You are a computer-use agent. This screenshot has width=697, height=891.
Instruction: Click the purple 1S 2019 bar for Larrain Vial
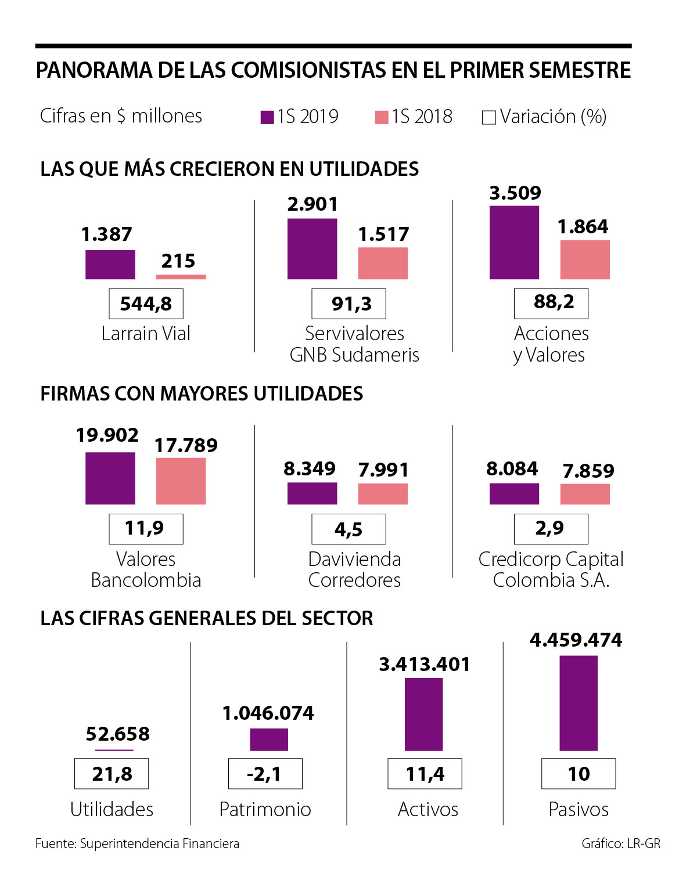[x=110, y=265]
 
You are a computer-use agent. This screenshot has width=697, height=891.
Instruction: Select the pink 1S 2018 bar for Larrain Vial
[x=181, y=277]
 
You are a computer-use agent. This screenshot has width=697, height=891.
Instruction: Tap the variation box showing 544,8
[x=146, y=304]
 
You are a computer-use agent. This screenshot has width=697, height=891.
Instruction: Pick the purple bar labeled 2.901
[x=312, y=249]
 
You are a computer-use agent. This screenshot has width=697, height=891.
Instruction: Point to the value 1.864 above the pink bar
[x=583, y=226]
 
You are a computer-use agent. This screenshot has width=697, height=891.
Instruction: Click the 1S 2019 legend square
[x=267, y=117]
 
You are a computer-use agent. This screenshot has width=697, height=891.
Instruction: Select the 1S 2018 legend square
[x=381, y=117]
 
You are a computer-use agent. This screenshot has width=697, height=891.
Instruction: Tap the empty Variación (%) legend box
[x=489, y=118]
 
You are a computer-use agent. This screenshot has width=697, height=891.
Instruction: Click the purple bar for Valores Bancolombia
[x=110, y=478]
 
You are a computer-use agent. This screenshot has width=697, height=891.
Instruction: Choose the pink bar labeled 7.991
[x=383, y=494]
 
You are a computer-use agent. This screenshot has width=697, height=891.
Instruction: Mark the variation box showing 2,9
[x=551, y=529]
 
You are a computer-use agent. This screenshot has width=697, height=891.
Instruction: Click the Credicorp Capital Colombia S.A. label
[x=551, y=569]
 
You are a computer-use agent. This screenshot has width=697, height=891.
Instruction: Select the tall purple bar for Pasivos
[x=579, y=703]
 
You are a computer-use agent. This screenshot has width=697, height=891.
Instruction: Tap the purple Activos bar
[x=423, y=715]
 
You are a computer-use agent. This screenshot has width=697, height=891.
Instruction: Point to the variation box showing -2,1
[x=265, y=774]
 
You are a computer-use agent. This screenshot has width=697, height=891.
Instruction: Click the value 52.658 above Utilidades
[x=117, y=734]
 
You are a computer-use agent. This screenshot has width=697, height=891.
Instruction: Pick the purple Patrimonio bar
[x=269, y=740]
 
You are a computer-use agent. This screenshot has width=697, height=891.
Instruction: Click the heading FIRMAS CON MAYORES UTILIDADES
[x=202, y=394]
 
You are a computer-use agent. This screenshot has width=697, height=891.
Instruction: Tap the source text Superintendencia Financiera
[x=159, y=843]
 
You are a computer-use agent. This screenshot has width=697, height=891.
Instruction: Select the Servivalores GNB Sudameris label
[x=354, y=344]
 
